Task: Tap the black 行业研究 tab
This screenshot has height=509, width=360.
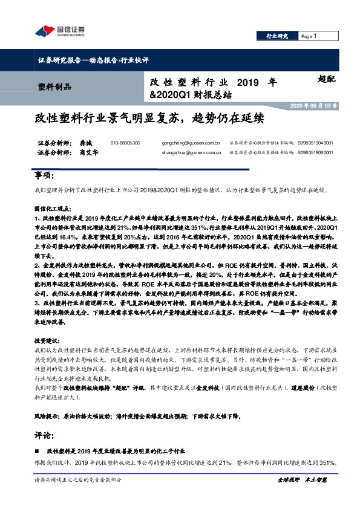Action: [x=277, y=36]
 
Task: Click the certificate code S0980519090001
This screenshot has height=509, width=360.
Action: [x=315, y=152]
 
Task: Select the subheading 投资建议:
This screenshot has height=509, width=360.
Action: [x=48, y=341]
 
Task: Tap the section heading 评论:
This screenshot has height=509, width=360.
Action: [x=44, y=434]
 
